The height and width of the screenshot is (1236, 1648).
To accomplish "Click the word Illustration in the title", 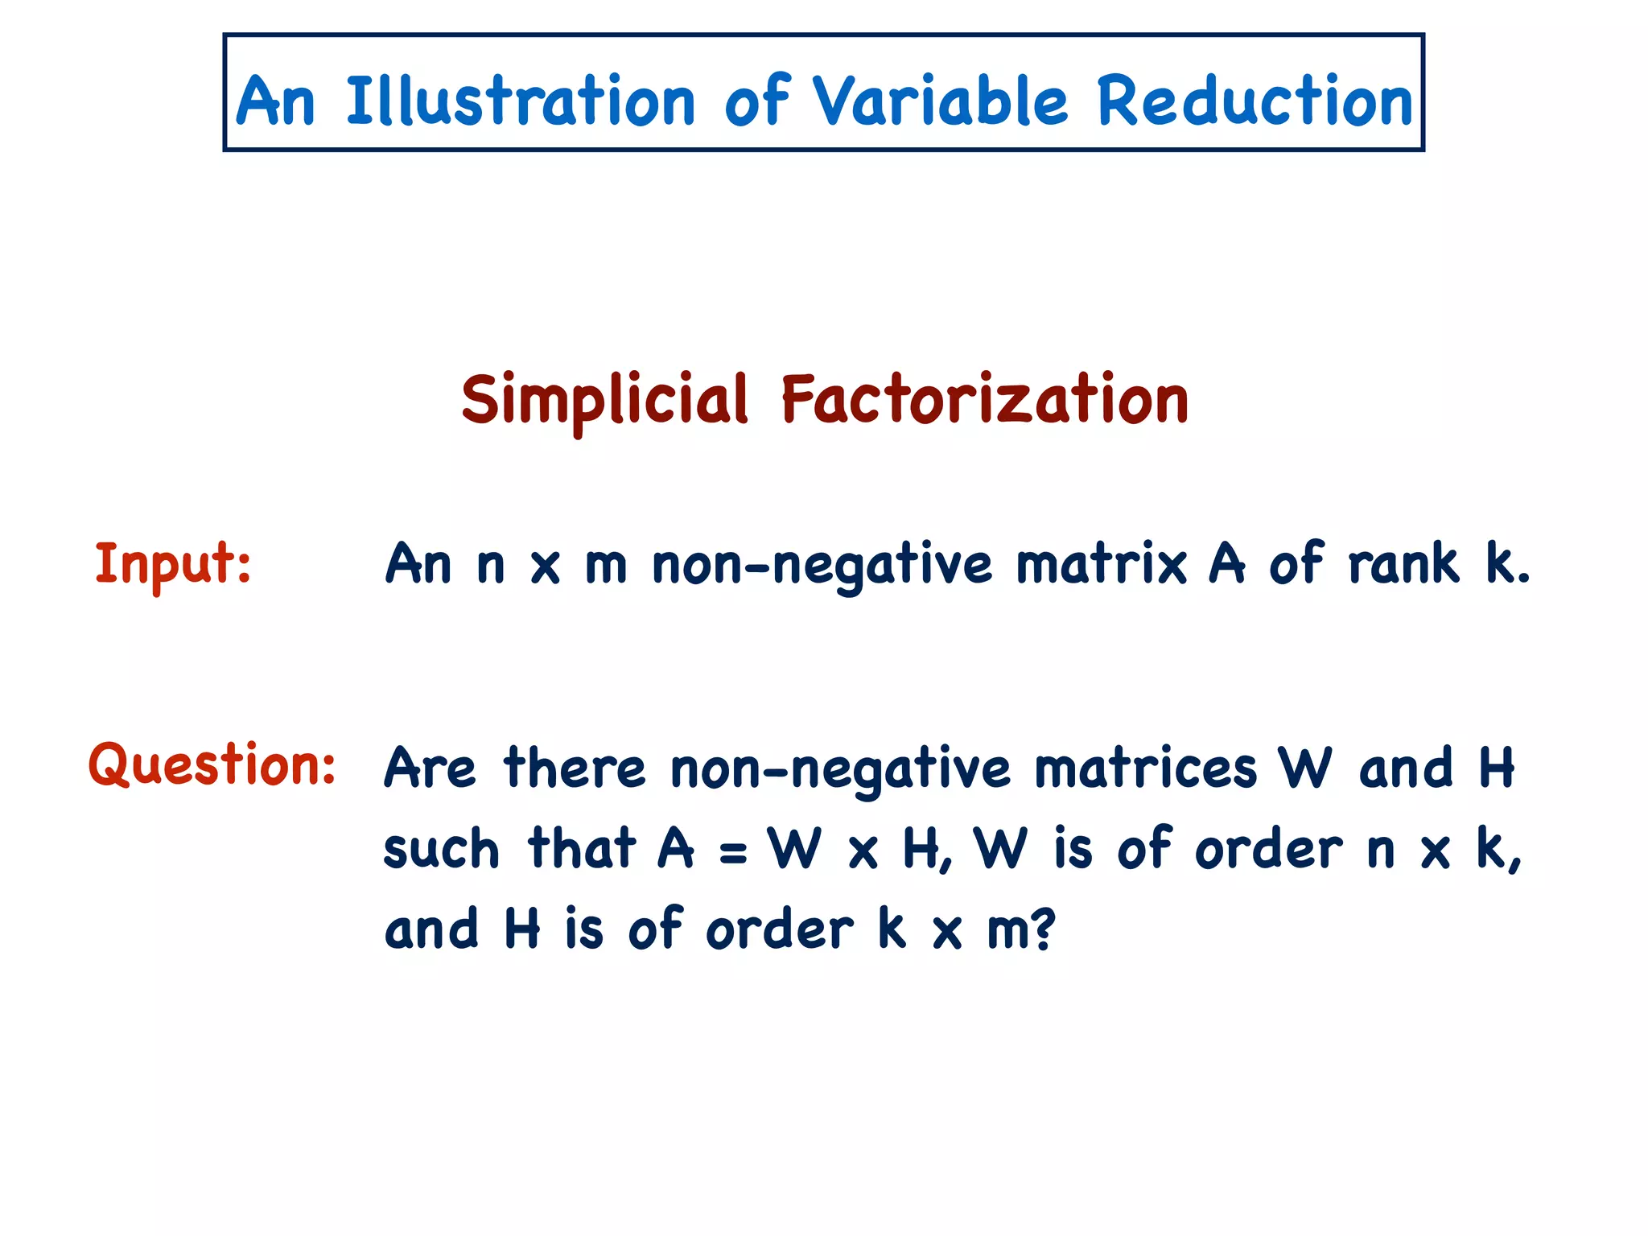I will [520, 101].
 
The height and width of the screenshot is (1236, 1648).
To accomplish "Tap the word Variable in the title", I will [940, 101].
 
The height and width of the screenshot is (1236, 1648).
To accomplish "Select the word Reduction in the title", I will [1255, 101].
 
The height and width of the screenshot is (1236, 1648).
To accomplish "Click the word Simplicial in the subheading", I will [604, 401].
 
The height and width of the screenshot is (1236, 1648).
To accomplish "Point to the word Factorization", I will [984, 399].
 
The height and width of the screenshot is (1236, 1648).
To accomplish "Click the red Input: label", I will [173, 563].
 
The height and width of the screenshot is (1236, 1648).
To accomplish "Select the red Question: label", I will [212, 764].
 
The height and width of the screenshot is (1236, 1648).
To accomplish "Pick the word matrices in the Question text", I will [1144, 768].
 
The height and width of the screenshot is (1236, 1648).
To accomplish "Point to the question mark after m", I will [1043, 929].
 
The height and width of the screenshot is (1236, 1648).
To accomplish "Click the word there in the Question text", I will [575, 768].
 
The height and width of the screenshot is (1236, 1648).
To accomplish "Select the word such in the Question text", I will [441, 850].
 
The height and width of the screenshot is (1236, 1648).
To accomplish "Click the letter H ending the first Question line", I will [1496, 768].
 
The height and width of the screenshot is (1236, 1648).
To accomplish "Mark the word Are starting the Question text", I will [430, 768].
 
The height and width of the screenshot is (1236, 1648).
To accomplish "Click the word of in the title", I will [756, 101].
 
